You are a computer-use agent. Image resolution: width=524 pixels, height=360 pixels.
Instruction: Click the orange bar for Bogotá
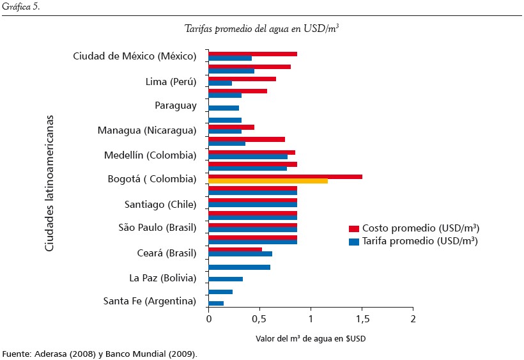(x=268, y=181)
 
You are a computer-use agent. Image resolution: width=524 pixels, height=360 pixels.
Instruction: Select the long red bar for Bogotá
(x=285, y=176)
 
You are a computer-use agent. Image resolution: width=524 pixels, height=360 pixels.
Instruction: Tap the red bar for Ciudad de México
(x=252, y=54)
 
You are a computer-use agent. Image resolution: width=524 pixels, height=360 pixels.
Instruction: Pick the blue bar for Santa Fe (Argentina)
(x=216, y=303)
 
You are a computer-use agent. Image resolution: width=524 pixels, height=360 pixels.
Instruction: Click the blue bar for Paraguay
(x=224, y=108)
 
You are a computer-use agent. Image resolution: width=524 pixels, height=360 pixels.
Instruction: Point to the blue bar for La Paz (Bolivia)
(x=226, y=279)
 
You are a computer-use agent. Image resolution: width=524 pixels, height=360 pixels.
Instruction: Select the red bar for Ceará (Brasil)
(x=235, y=249)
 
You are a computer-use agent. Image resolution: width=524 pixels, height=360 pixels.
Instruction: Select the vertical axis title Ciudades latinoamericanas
(x=49, y=184)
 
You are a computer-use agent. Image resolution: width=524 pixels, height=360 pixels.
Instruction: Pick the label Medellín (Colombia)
(x=150, y=155)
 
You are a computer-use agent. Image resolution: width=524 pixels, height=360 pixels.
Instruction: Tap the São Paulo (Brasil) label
(x=157, y=228)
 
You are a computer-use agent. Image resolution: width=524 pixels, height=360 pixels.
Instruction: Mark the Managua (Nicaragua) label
(x=147, y=130)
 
